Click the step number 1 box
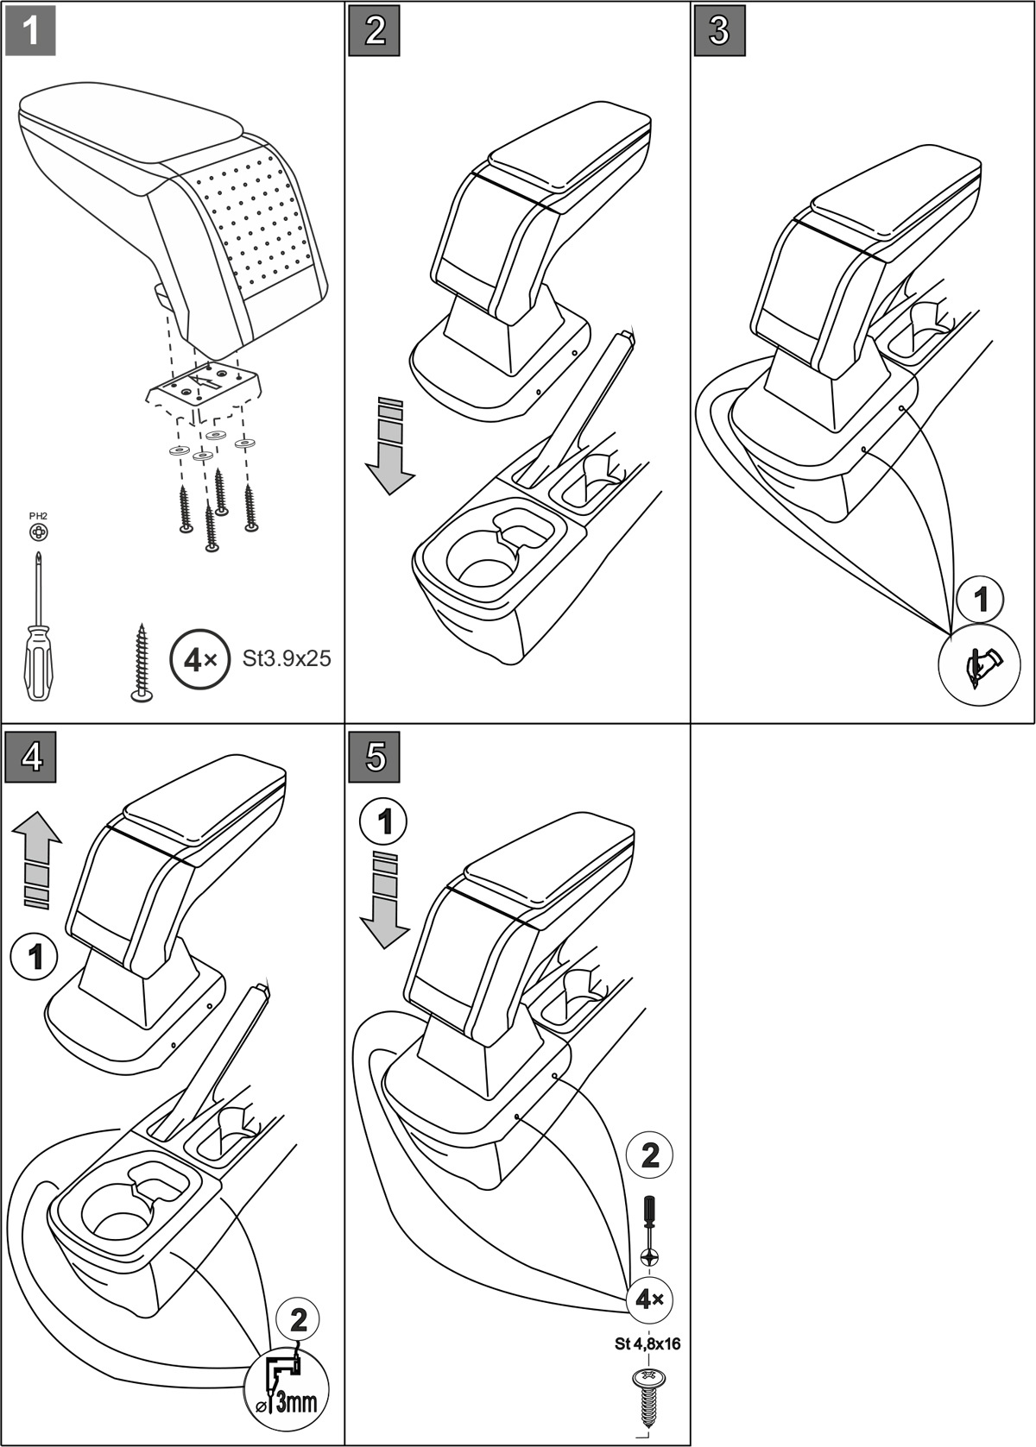click(x=30, y=31)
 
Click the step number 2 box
click(x=375, y=31)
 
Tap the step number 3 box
click(x=719, y=31)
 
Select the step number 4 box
click(x=30, y=758)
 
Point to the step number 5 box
click(x=375, y=758)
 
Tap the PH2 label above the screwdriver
click(x=39, y=516)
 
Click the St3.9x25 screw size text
click(x=287, y=658)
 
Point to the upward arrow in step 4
click(x=37, y=863)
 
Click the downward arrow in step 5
click(x=384, y=902)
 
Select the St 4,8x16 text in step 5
click(x=647, y=1343)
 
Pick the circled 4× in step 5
click(x=648, y=1299)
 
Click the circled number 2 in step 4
click(x=298, y=1320)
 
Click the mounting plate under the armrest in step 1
click(x=204, y=387)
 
